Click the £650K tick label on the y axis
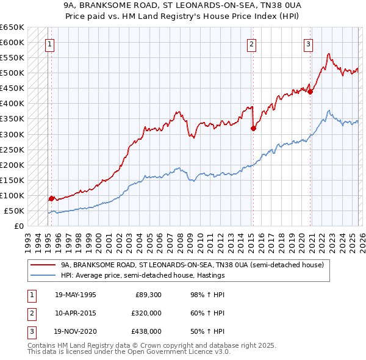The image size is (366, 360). click(12, 27)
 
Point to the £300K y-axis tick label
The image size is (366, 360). click(12, 134)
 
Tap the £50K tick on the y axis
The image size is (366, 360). click(15, 211)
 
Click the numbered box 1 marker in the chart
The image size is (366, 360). click(49, 43)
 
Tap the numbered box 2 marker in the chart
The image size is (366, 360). click(251, 43)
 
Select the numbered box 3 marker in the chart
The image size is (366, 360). click(309, 43)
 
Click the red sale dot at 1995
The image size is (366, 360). click(51, 198)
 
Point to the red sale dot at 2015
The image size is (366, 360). click(253, 128)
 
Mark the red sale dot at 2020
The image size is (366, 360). click(310, 92)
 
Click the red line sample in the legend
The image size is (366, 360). click(42, 265)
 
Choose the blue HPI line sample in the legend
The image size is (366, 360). click(42, 275)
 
